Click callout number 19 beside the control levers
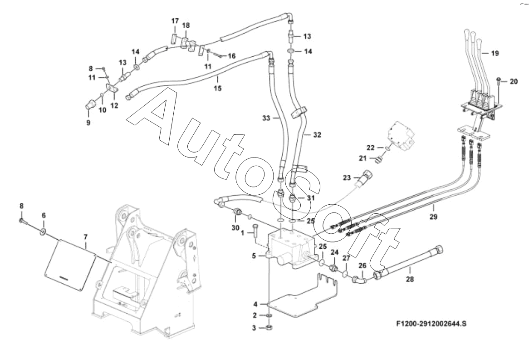495,53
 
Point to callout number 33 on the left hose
266,118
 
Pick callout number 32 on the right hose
317,135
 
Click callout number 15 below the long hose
218,88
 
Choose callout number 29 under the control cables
433,217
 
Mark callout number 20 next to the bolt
513,82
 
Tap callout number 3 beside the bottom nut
255,327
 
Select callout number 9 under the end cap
88,122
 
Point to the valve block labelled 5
290,247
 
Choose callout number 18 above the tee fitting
186,25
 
